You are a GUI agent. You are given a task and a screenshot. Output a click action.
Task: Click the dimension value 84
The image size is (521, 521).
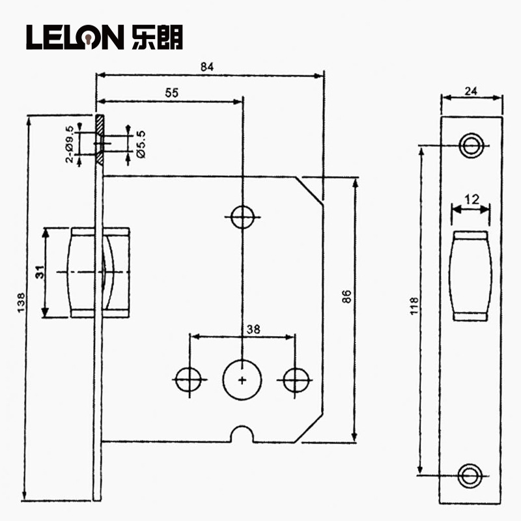pyautogui.click(x=206, y=67)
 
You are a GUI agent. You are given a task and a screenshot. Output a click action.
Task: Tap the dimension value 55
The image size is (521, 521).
pyautogui.click(x=172, y=92)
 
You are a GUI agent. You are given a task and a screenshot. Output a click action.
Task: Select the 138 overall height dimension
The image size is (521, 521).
pyautogui.click(x=21, y=302)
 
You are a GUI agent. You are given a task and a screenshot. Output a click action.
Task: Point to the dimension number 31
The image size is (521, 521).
pyautogui.click(x=40, y=272)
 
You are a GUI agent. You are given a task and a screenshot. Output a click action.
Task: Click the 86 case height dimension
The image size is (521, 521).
pyautogui.click(x=346, y=296)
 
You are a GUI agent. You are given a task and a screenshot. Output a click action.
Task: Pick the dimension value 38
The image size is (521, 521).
pyautogui.click(x=253, y=330)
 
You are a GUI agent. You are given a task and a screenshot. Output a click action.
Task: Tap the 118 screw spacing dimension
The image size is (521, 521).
pyautogui.click(x=414, y=305)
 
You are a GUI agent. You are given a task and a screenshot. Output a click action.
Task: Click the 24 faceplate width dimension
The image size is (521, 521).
pyautogui.click(x=471, y=91)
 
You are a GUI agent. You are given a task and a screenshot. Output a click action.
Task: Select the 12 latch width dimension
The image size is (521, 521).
pyautogui.click(x=472, y=199)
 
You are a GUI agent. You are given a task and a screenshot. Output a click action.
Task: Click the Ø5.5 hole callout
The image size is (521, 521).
pyautogui.click(x=141, y=144)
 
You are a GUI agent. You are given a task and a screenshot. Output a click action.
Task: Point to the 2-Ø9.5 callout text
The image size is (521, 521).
pyautogui.click(x=70, y=144)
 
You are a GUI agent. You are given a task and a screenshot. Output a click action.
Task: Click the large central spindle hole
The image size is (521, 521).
pyautogui.click(x=242, y=380)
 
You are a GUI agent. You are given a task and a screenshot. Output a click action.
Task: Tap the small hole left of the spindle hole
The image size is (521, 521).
pyautogui.click(x=189, y=380)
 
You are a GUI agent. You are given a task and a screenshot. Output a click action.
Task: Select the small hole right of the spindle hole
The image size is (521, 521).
pyautogui.click(x=296, y=380)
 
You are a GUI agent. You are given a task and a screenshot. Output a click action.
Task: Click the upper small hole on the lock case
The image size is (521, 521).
pyautogui.click(x=243, y=217)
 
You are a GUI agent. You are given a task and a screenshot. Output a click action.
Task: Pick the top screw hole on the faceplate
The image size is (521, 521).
pyautogui.click(x=471, y=145)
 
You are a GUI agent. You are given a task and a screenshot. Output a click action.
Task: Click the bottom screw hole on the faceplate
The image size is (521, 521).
pyautogui.click(x=470, y=476)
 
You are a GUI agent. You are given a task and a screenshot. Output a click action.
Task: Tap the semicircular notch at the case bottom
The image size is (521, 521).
pyautogui.click(x=242, y=428)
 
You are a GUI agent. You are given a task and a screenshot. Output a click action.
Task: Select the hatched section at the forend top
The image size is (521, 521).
pyautogui.click(x=100, y=139)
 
